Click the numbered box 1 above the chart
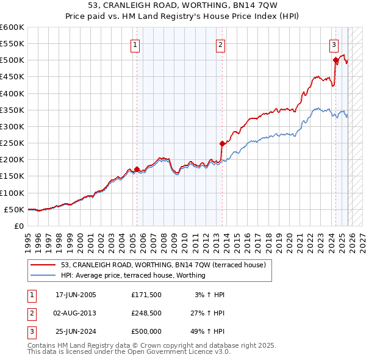tap(134, 44)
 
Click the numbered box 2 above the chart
tap(220, 44)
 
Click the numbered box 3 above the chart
tap(334, 44)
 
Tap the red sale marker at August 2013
tap(222, 144)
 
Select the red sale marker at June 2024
tap(335, 60)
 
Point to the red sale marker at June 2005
tap(137, 169)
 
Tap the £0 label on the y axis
tap(19, 226)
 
